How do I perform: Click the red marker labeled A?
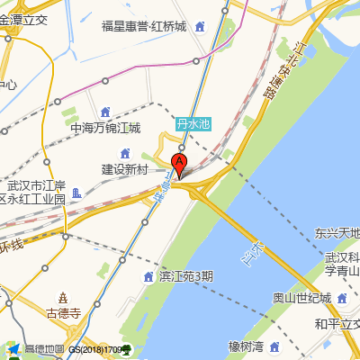click(179, 166)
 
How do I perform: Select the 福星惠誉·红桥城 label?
click(144, 27)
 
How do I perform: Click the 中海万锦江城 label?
click(106, 128)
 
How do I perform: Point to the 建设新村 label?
click(124, 169)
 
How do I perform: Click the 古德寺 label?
click(64, 314)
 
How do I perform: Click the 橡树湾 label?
click(245, 346)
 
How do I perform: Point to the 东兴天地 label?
click(337, 232)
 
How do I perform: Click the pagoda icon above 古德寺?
click(63, 298)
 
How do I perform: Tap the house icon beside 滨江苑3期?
click(148, 275)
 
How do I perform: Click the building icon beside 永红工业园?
click(78, 193)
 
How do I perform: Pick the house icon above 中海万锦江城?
click(105, 112)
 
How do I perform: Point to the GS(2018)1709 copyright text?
click(100, 350)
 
